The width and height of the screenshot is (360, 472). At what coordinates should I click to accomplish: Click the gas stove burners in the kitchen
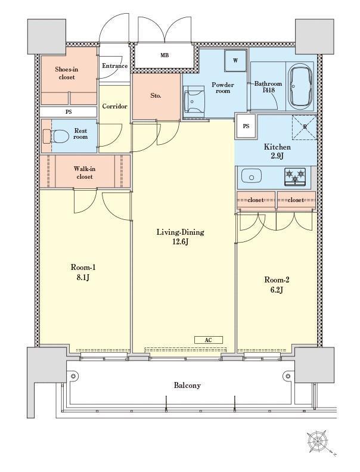point(295,176)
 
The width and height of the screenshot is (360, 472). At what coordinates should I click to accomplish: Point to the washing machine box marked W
point(235,61)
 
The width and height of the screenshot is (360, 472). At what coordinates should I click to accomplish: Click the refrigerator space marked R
point(305,127)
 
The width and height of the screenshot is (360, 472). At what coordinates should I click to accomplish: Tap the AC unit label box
point(208,340)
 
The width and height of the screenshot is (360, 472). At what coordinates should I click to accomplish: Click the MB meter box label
point(165,55)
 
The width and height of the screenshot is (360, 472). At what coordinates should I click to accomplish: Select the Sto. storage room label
point(156,96)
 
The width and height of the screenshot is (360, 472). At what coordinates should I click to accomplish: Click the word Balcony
point(187,386)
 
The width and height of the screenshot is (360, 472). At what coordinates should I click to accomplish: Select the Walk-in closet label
point(84,173)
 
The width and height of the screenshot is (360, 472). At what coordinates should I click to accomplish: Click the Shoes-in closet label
point(67,73)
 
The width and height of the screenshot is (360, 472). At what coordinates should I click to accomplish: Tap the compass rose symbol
point(317,442)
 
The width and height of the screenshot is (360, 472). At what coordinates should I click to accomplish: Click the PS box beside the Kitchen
point(246,126)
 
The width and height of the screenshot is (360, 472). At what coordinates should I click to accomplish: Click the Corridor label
point(114,106)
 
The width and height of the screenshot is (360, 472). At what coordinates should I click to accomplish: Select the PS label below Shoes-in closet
point(69,111)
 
